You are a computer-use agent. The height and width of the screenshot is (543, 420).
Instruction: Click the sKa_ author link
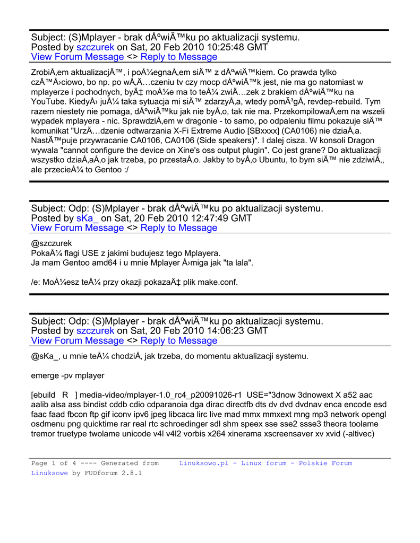pos(88,218)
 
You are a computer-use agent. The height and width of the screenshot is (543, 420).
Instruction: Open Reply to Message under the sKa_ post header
pos(179,228)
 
